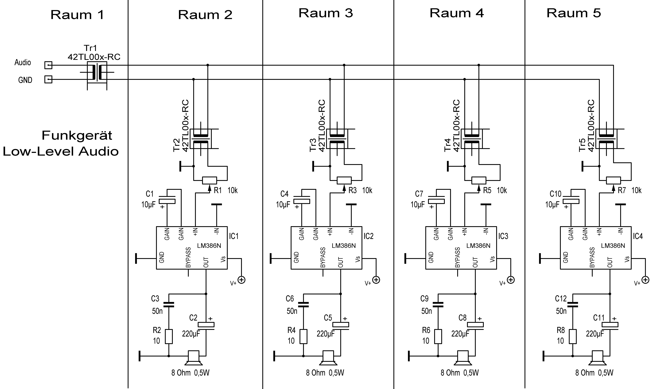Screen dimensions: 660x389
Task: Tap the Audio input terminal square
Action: pos(48,65)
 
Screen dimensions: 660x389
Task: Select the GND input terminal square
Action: pos(48,79)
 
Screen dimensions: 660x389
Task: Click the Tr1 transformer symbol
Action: pos(97,72)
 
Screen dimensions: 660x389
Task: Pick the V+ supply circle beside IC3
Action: pos(511,280)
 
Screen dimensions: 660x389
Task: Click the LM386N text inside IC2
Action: pos(344,246)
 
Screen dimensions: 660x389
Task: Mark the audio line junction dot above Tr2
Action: pos(208,65)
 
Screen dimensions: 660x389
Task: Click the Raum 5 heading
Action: pos(574,13)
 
